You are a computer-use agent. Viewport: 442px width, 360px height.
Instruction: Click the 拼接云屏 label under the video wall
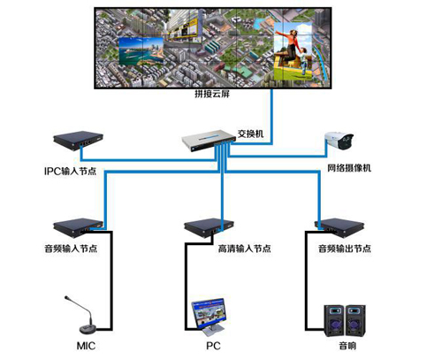click(x=212, y=94)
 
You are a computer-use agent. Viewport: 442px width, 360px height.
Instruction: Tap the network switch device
click(x=209, y=141)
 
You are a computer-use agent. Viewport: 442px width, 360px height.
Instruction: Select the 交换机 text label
click(x=250, y=134)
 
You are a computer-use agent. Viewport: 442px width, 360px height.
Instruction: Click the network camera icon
click(x=339, y=141)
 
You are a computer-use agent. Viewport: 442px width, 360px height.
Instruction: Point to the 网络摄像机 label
click(x=349, y=168)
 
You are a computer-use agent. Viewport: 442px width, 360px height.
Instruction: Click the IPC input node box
click(x=78, y=141)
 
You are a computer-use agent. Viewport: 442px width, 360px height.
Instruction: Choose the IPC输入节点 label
click(x=70, y=171)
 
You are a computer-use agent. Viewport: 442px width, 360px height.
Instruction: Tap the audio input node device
click(x=78, y=227)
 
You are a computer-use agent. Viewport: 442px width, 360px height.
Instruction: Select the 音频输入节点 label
click(x=71, y=249)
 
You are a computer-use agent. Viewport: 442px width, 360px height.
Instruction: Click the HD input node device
click(x=209, y=227)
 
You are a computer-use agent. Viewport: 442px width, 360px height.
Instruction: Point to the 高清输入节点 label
click(x=244, y=249)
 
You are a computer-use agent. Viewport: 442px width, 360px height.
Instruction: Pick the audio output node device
click(x=339, y=227)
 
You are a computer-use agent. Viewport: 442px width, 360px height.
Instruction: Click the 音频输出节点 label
click(x=345, y=249)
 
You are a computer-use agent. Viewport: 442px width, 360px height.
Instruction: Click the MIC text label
click(x=86, y=346)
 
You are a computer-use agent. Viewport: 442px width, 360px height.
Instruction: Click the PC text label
click(x=213, y=346)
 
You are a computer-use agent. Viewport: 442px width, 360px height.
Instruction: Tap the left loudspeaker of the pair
click(x=334, y=321)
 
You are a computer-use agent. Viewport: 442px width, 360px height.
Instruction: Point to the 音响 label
click(x=347, y=346)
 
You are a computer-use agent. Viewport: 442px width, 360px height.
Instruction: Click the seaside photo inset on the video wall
click(x=141, y=51)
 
